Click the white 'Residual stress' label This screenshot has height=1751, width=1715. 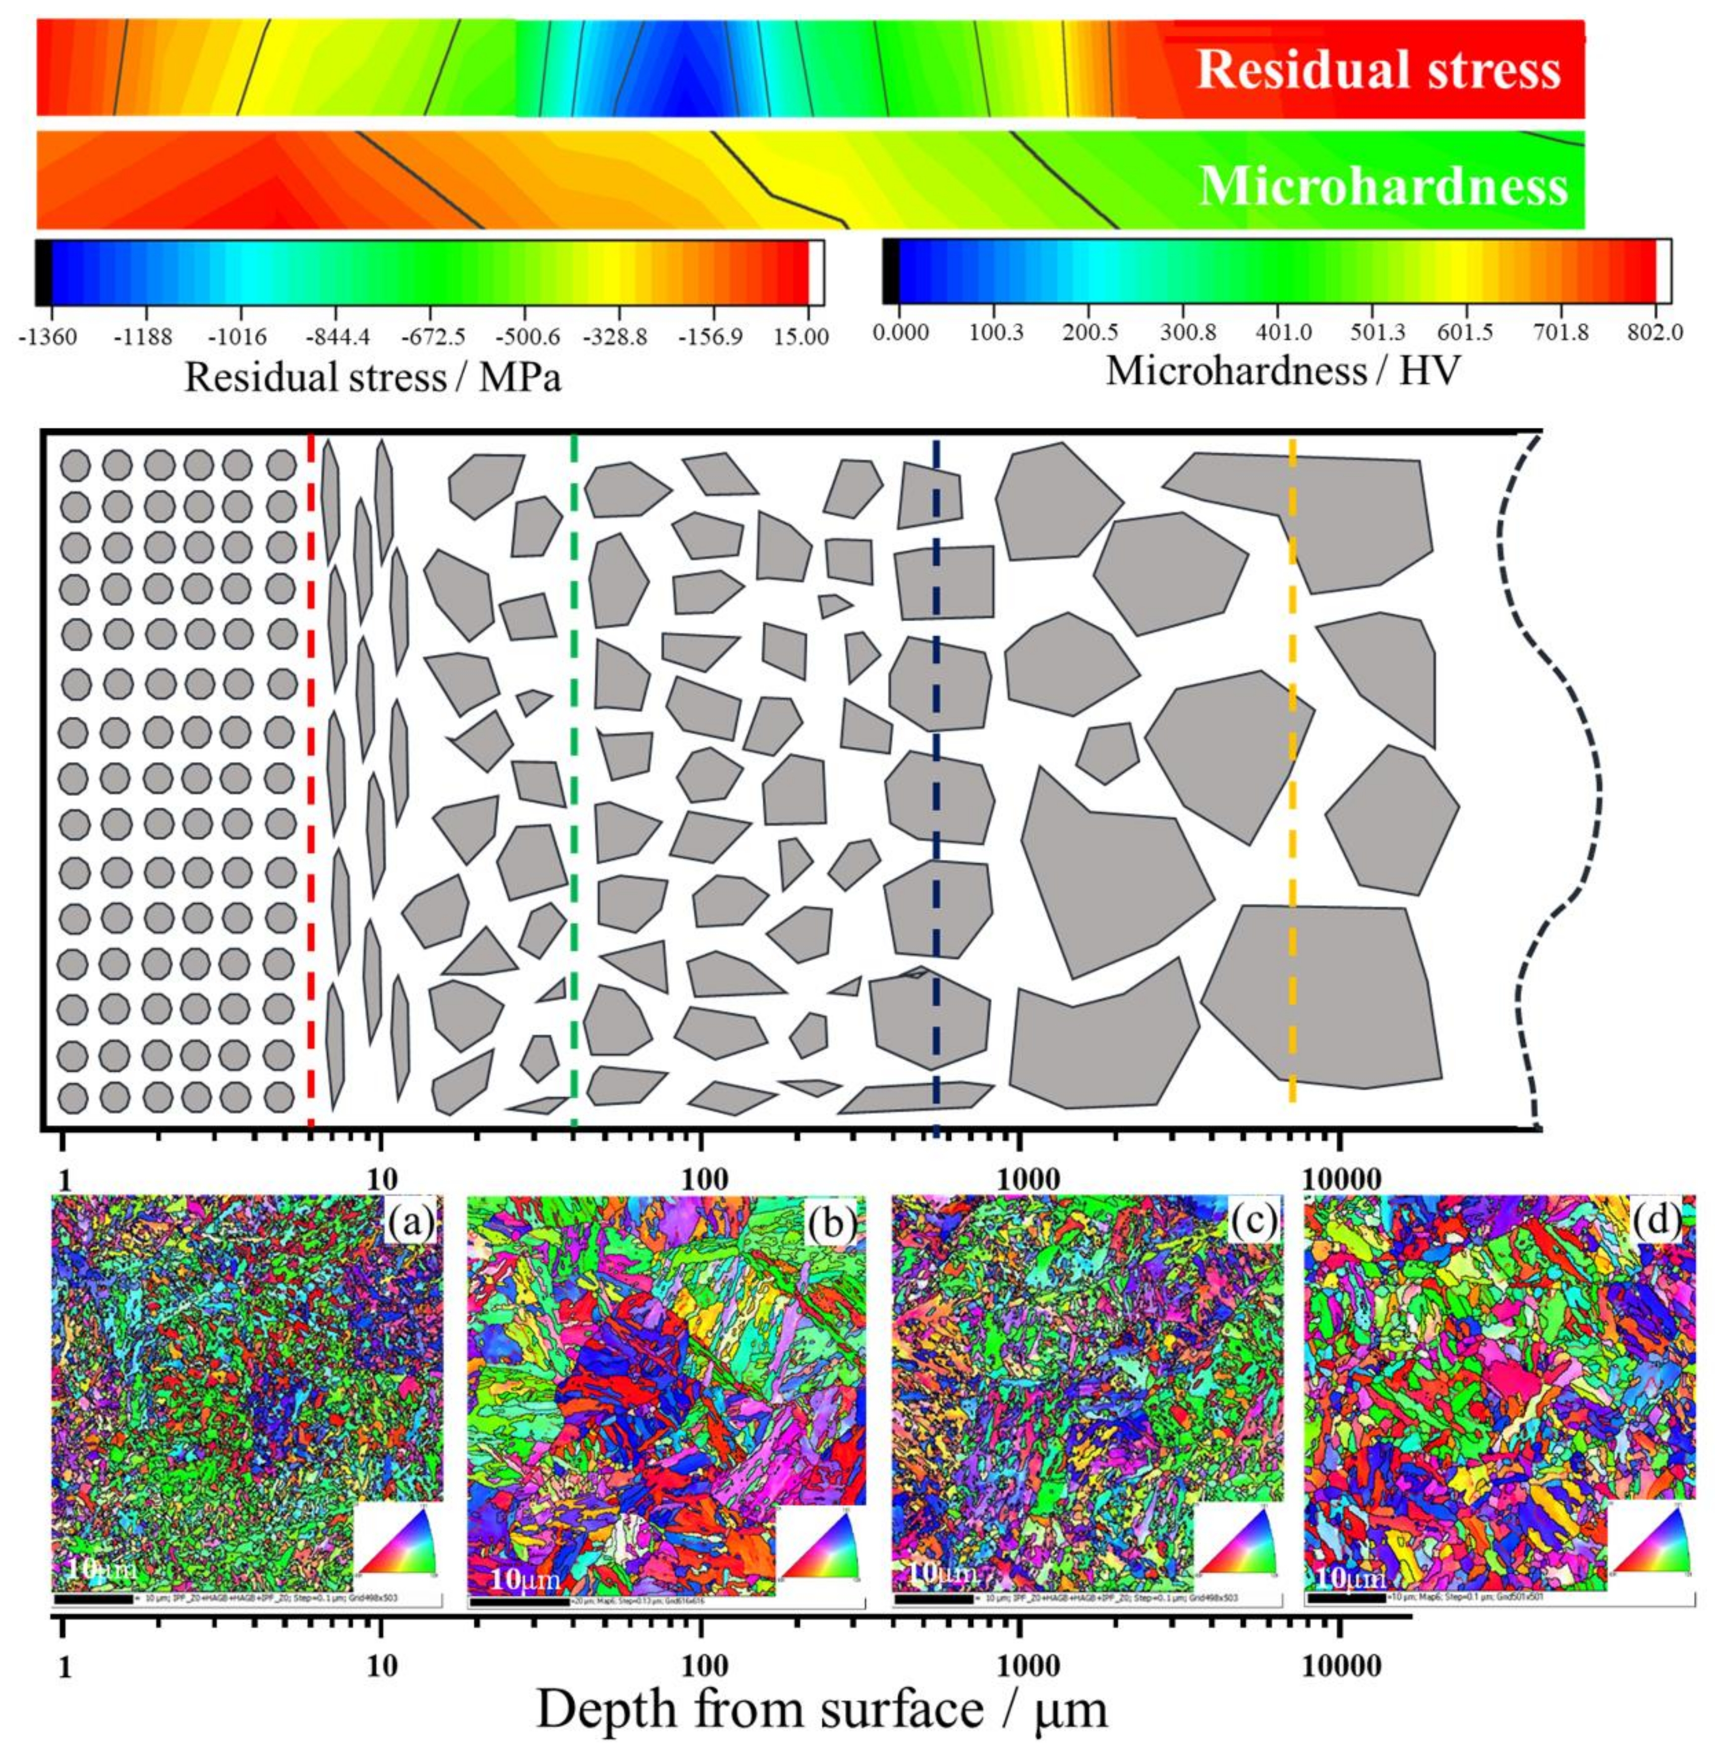tap(1378, 70)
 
